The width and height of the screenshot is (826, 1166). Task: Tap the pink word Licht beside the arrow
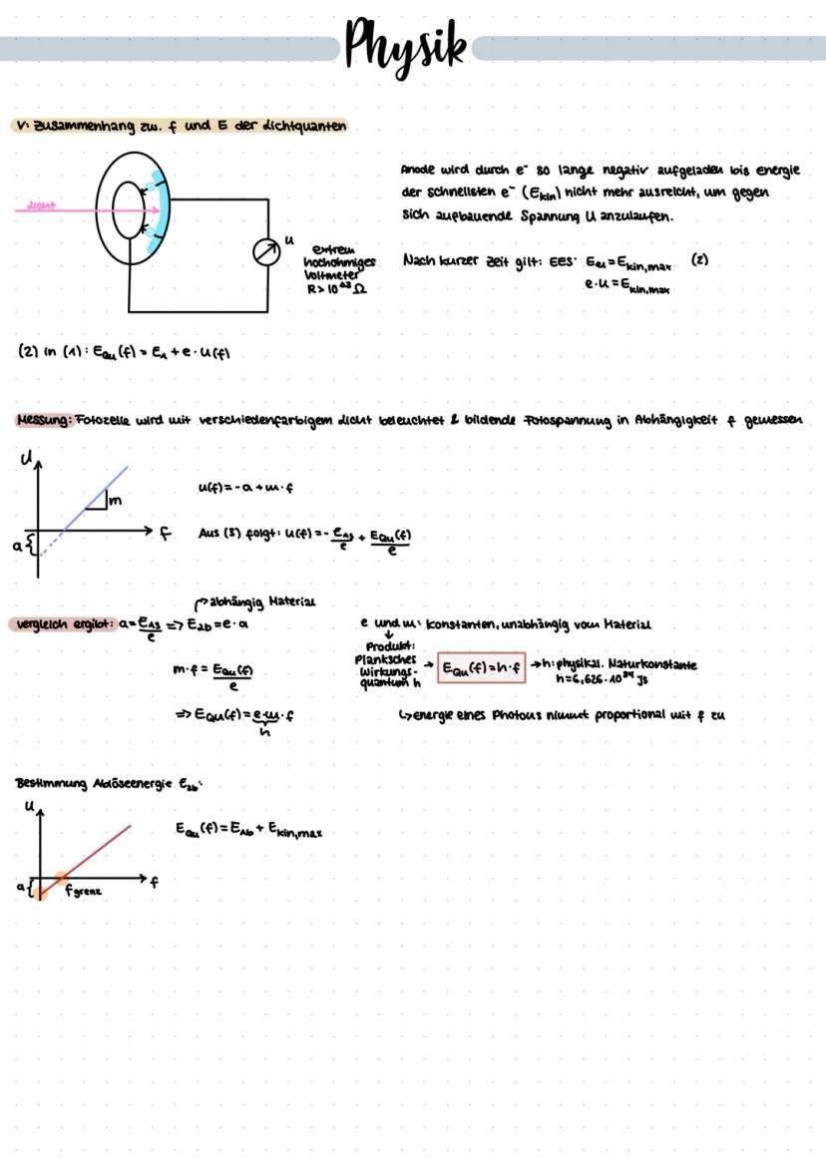tap(39, 206)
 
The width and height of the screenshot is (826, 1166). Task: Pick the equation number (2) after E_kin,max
tap(699, 259)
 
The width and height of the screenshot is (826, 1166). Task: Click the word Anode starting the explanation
tap(419, 169)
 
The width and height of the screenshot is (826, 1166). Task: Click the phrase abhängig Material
tap(259, 601)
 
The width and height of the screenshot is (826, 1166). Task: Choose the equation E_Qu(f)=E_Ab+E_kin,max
tap(248, 830)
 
